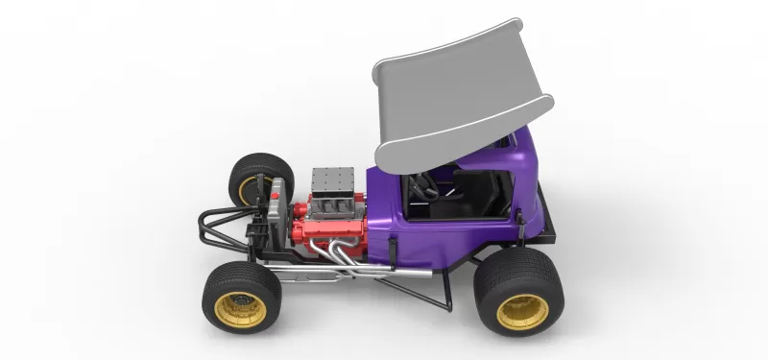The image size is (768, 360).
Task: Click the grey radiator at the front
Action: click(279, 216)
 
